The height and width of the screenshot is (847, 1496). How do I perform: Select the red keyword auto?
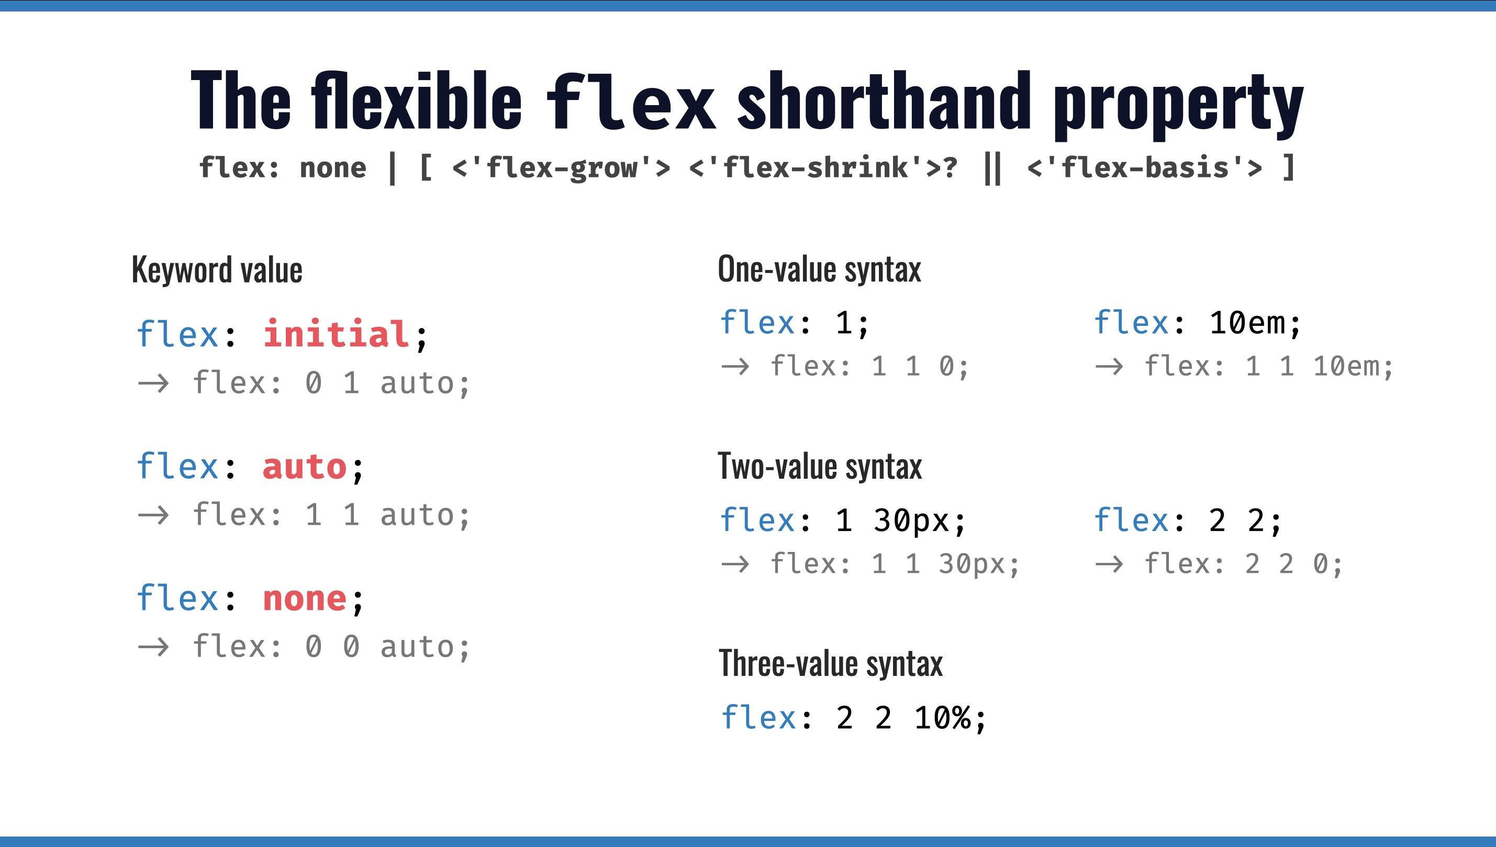pos(304,467)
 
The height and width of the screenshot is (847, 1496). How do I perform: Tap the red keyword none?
pos(304,598)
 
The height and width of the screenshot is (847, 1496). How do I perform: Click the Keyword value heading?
pos(217,270)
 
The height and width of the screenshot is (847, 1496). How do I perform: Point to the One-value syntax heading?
pos(819,269)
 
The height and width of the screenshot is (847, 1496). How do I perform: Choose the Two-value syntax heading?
pos(820,467)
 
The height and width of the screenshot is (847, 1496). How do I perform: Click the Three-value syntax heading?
pos(830,663)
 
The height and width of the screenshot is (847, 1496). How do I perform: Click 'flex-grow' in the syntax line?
pos(561,167)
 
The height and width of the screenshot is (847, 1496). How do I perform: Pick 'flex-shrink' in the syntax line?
pos(814,167)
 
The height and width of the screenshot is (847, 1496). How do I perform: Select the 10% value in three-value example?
pos(943,717)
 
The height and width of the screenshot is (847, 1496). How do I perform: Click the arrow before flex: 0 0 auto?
pos(153,647)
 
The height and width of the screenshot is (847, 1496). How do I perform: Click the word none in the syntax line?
pos(333,167)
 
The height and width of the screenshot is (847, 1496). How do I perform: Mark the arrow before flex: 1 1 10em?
pos(1109,367)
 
